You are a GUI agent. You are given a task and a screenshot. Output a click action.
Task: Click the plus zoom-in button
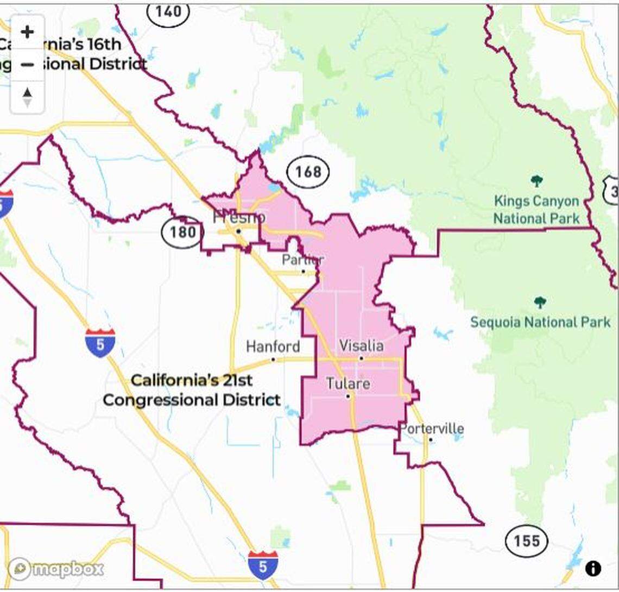[27, 32]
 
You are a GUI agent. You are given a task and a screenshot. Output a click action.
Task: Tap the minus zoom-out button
[27, 65]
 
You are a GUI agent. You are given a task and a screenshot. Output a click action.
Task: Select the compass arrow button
[27, 97]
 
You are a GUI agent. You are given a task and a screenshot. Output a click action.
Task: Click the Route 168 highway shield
[308, 172]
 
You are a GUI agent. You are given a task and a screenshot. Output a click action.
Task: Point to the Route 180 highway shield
[182, 232]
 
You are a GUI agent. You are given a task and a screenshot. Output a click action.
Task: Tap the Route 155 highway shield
[527, 540]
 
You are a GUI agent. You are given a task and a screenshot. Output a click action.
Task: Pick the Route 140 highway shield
[168, 12]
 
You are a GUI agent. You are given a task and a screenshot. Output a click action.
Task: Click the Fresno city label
[239, 218]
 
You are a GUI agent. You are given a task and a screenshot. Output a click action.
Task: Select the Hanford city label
[273, 347]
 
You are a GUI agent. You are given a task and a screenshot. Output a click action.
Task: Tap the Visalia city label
[361, 345]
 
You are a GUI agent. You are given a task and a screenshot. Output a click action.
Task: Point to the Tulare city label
[348, 383]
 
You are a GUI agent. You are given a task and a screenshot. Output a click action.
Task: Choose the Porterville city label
[432, 429]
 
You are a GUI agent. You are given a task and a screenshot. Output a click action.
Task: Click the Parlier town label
[302, 260]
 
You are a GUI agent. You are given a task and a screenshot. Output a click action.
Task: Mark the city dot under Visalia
[361, 358]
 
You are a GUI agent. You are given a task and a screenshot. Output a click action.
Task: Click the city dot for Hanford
[273, 359]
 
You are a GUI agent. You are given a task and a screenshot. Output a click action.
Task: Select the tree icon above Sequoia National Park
[539, 303]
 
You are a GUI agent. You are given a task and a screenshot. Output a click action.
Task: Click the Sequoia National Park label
[540, 322]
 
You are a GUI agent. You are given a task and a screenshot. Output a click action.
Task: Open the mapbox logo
[56, 569]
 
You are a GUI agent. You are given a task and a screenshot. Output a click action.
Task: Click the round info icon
[593, 568]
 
